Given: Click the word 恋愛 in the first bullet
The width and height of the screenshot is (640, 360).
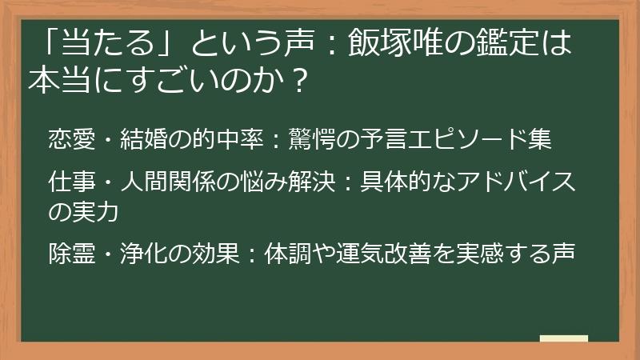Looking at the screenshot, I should coord(66,138).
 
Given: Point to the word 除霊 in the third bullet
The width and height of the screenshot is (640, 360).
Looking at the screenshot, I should coord(66,254).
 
